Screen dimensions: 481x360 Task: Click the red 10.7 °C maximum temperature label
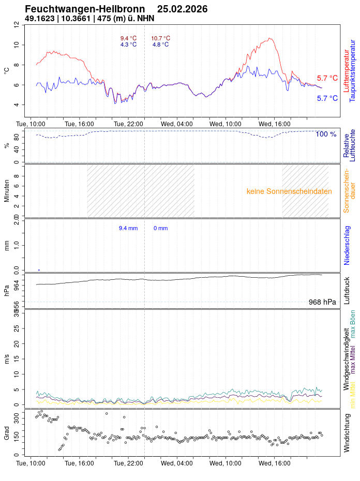[x=160, y=38]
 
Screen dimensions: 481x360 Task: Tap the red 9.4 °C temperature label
[x=128, y=38]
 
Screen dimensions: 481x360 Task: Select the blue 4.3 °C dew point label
[x=128, y=44]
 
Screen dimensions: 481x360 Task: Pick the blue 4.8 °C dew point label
[x=160, y=44]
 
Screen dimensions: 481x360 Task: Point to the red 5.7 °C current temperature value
[x=327, y=78]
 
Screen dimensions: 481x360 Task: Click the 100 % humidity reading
[x=326, y=134]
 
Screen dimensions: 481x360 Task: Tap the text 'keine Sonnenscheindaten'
[x=289, y=191]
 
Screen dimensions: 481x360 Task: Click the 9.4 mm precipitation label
[x=128, y=228]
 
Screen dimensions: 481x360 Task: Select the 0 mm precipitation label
[x=160, y=228]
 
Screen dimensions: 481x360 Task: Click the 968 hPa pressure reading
[x=322, y=302]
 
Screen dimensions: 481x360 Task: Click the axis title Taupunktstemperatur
[x=352, y=71]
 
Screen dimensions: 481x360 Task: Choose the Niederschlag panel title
[x=347, y=245]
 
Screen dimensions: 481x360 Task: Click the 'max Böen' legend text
[x=353, y=324]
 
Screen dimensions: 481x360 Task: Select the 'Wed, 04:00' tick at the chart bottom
[x=177, y=463]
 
